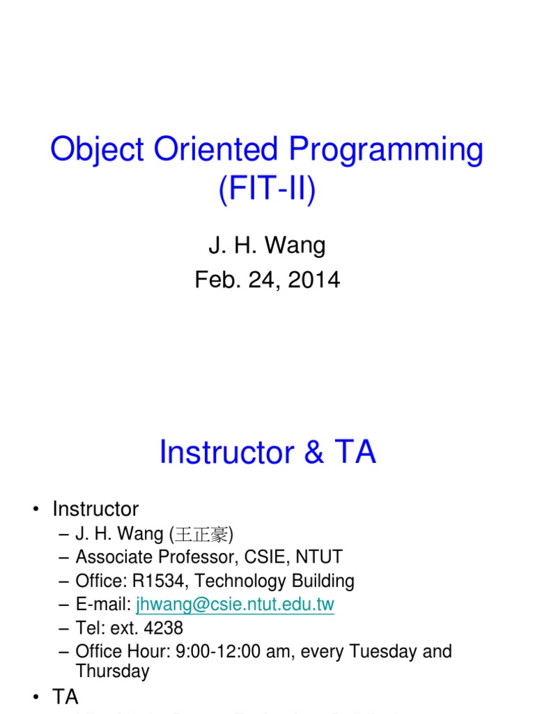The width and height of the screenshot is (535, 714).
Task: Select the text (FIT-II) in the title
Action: pos(267,190)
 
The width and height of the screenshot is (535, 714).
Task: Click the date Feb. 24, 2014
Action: pos(267,280)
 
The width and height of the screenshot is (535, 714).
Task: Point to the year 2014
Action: pos(313,280)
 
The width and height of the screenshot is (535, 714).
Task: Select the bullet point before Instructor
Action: pos(36,510)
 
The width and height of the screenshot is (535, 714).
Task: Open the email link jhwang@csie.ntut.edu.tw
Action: pos(235,605)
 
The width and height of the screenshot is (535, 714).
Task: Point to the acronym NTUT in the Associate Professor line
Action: pos(317,558)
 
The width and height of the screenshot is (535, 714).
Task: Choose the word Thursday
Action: pos(112,671)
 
